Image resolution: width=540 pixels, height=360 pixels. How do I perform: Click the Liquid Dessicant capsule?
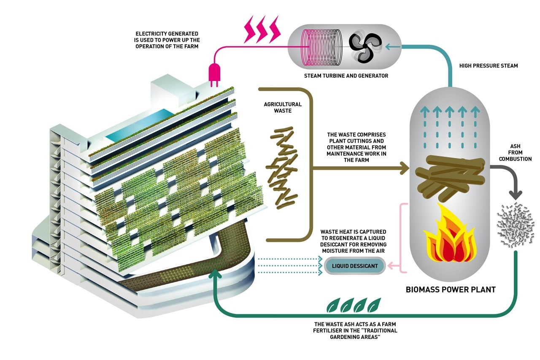click(x=355, y=265)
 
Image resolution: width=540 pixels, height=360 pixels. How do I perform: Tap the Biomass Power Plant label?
click(x=450, y=290)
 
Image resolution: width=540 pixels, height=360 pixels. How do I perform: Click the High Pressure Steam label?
click(x=488, y=65)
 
